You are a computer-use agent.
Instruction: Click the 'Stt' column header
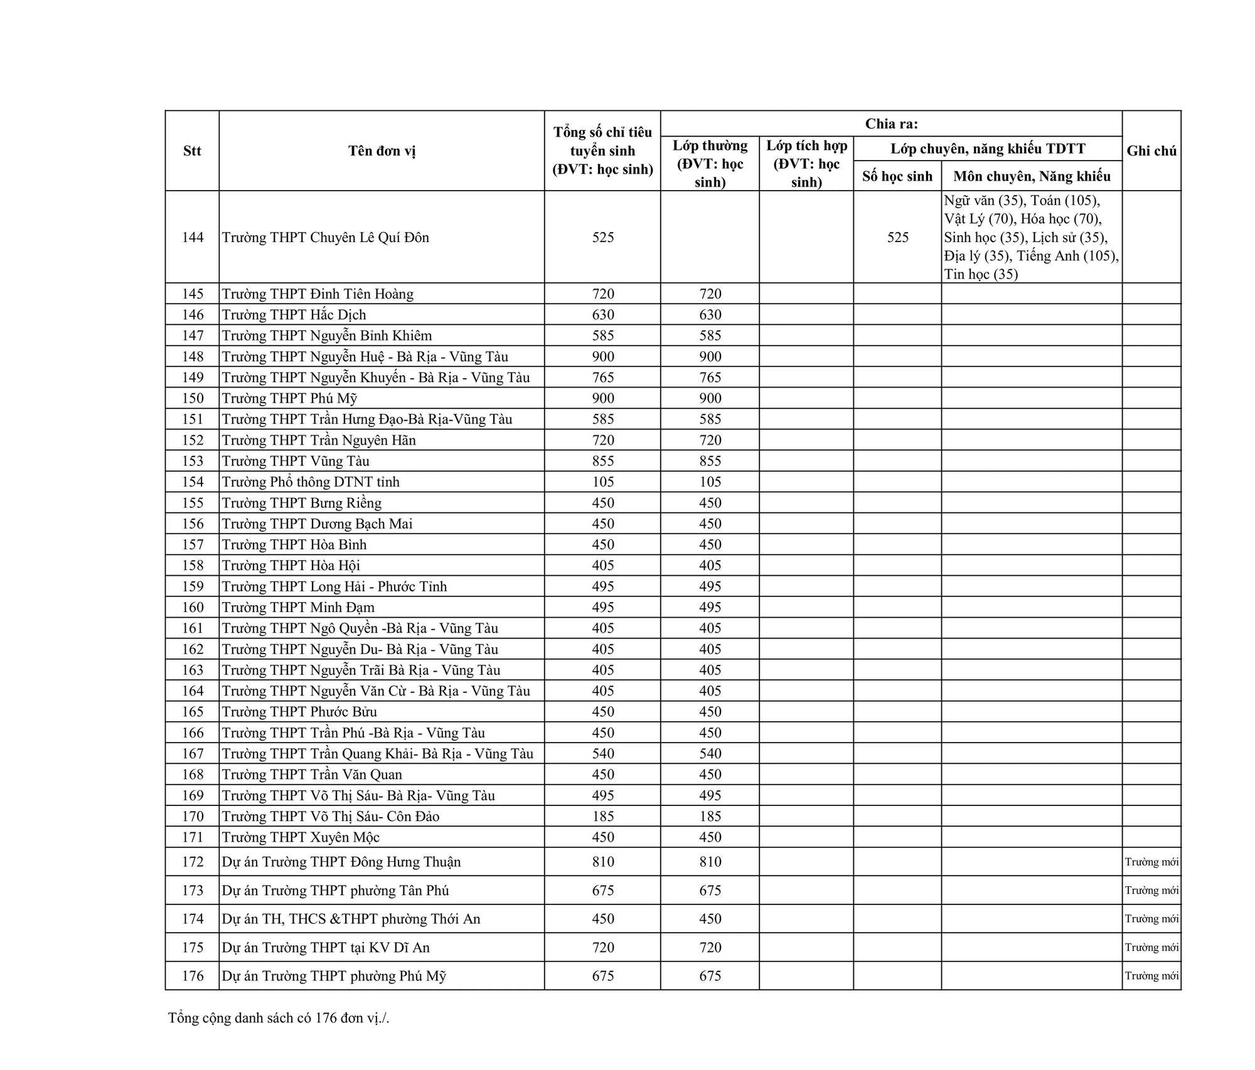pyautogui.click(x=192, y=151)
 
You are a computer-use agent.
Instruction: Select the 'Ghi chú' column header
pyautogui.click(x=1151, y=151)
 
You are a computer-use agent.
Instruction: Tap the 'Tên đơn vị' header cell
pyautogui.click(x=382, y=151)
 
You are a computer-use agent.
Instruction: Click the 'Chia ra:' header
pyautogui.click(x=891, y=124)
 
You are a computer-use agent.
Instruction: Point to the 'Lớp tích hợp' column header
pyautogui.click(x=806, y=164)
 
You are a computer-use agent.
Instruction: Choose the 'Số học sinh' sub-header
pyautogui.click(x=897, y=176)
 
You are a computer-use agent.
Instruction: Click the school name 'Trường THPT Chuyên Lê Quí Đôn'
pyautogui.click(x=325, y=237)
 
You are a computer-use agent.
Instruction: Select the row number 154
pyautogui.click(x=193, y=482)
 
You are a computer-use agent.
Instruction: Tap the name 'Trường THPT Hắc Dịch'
pyautogui.click(x=294, y=315)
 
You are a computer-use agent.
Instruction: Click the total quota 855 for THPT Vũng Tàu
pyautogui.click(x=602, y=461)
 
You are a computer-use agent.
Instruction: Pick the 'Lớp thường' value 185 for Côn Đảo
pyautogui.click(x=710, y=816)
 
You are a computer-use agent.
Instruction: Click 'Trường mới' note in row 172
pyautogui.click(x=1151, y=862)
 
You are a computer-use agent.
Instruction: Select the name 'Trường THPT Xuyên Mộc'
pyautogui.click(x=301, y=837)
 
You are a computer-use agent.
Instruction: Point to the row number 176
pyautogui.click(x=193, y=976)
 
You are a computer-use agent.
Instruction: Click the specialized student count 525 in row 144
pyautogui.click(x=897, y=237)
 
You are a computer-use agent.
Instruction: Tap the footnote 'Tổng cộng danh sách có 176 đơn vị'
pyautogui.click(x=279, y=1018)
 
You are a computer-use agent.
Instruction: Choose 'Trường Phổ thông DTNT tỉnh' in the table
pyautogui.click(x=311, y=482)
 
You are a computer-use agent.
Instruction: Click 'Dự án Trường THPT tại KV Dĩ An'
pyautogui.click(x=326, y=948)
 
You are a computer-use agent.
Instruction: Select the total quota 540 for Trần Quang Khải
pyautogui.click(x=602, y=753)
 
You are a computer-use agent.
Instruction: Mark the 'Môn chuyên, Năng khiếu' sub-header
pyautogui.click(x=1032, y=176)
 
